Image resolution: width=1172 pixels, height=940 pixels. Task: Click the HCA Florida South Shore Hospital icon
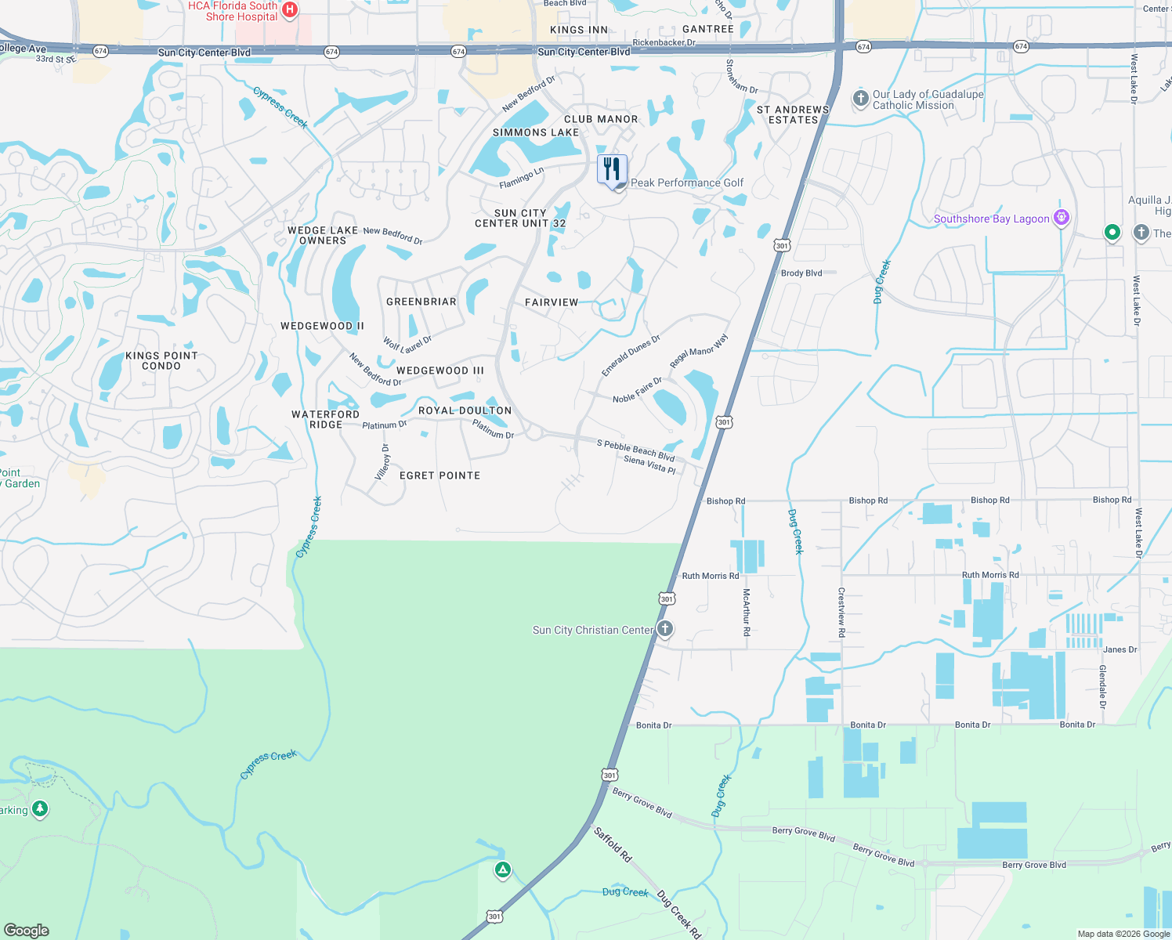(290, 9)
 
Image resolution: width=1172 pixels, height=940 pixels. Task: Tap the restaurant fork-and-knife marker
(612, 169)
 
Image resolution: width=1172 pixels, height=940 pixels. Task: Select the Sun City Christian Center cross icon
(665, 628)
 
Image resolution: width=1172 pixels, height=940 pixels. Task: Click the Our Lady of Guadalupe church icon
(860, 99)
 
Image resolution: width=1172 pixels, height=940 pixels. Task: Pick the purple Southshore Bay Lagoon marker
(1062, 218)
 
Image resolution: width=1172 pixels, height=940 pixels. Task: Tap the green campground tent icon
(502, 869)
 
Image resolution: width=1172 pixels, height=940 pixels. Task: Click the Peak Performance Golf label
(687, 183)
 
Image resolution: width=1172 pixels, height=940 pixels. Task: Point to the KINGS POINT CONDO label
(161, 360)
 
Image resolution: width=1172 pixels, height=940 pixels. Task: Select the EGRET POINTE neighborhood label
(439, 475)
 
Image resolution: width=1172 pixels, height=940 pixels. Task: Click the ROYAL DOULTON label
(465, 410)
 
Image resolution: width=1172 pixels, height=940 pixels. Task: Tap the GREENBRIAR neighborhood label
(421, 302)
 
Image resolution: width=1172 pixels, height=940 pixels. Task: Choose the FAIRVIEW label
(552, 302)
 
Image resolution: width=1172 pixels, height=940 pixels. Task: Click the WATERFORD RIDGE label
(325, 419)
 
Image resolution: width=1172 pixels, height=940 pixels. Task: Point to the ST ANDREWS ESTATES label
(793, 115)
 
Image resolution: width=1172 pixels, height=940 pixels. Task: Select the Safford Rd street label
(613, 844)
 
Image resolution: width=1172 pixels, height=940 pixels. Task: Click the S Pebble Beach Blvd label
(635, 450)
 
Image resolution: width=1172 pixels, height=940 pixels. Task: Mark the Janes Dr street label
(1120, 649)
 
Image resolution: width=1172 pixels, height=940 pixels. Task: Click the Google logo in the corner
(27, 930)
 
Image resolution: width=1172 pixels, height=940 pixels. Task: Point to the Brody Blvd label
(801, 273)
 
